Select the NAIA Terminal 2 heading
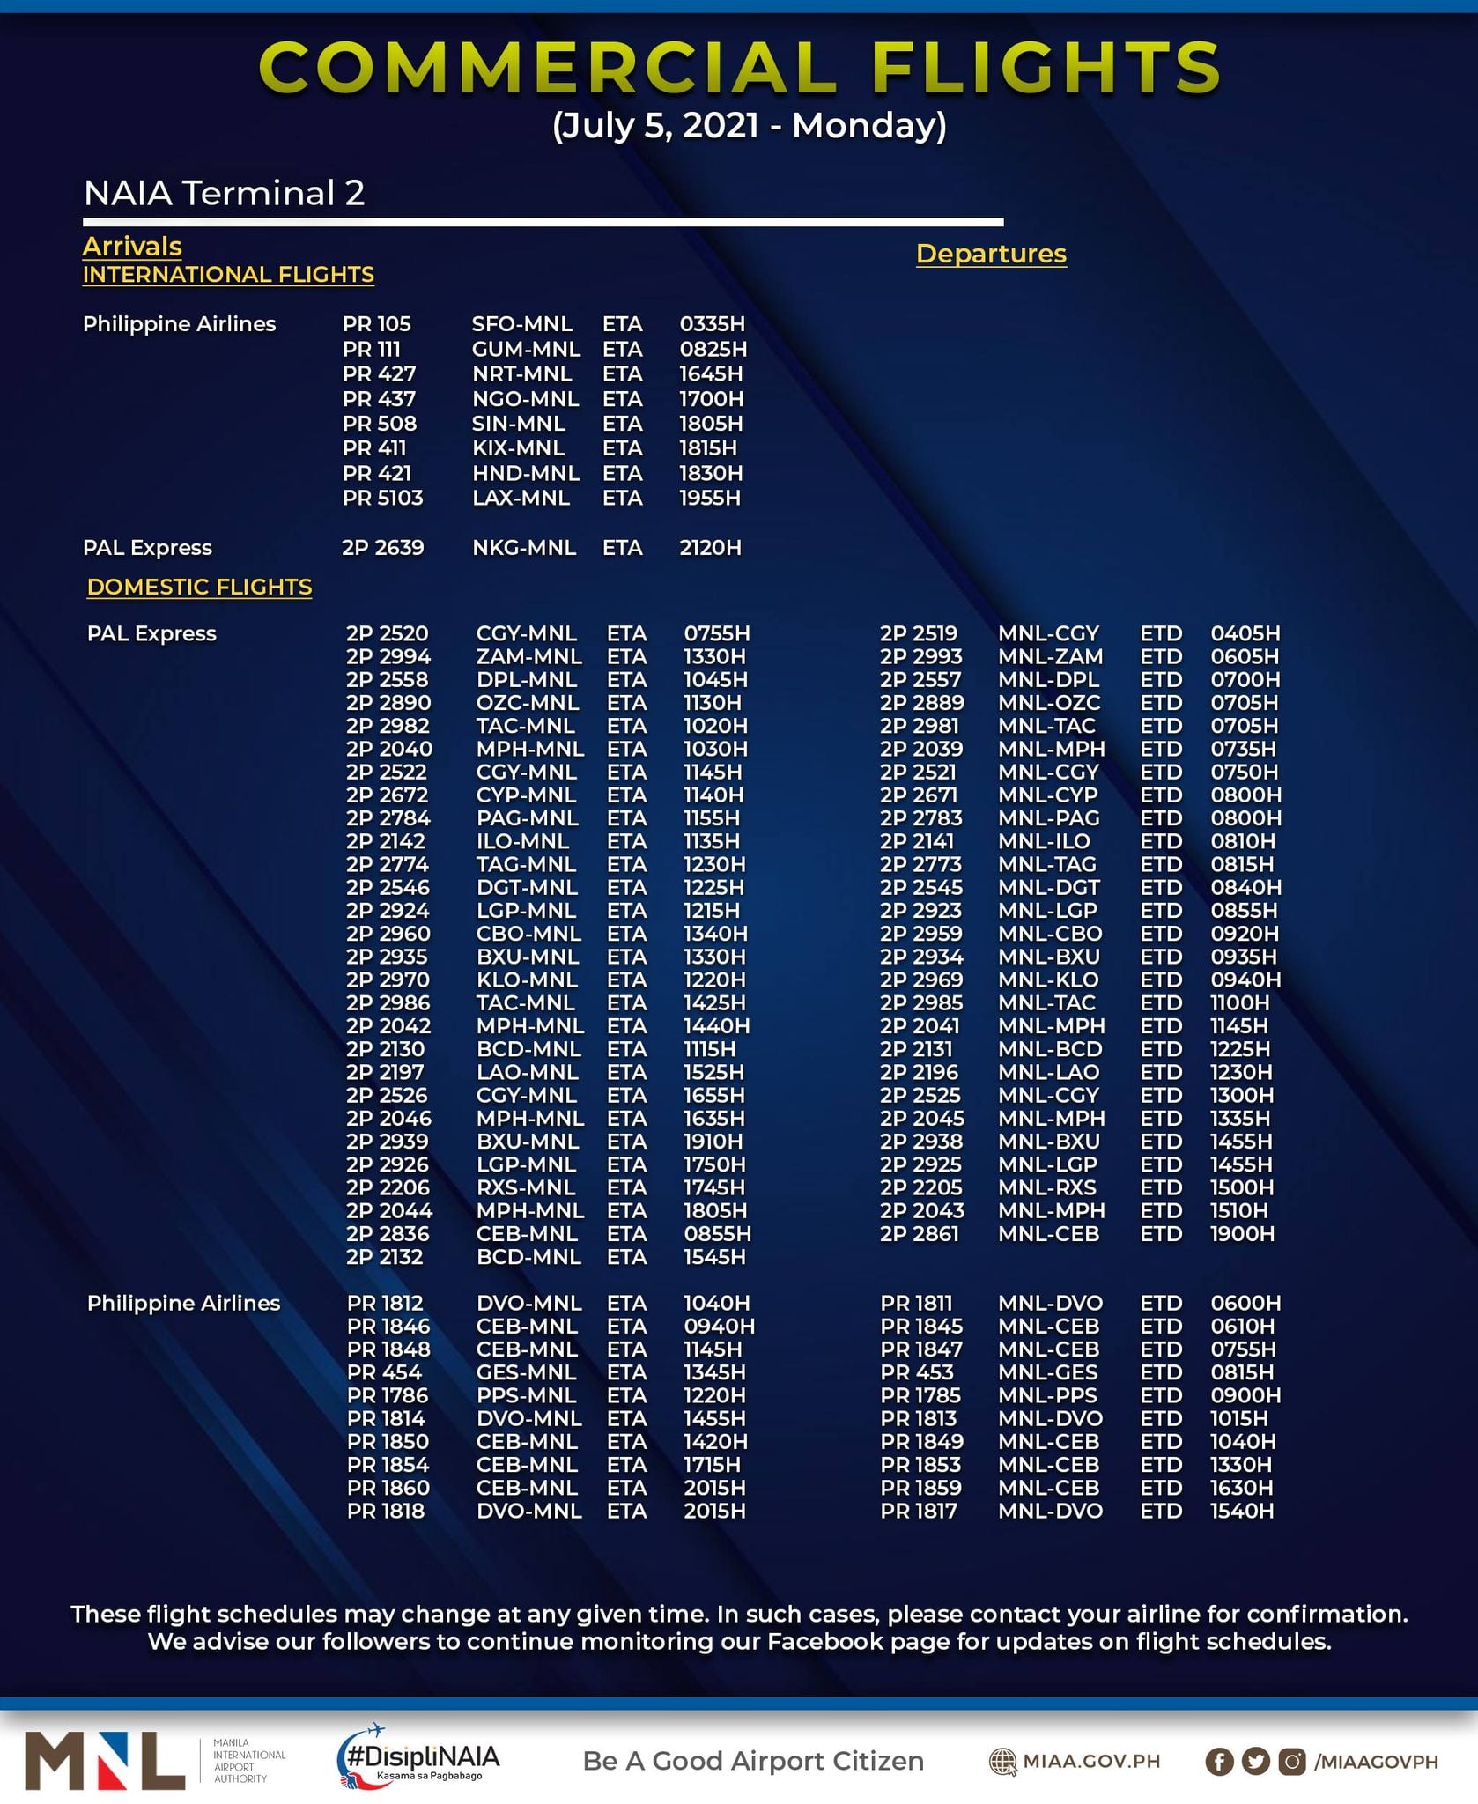tap(224, 193)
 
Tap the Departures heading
tap(991, 254)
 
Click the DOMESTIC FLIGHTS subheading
tap(199, 587)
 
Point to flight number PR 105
tap(377, 324)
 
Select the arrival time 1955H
tap(710, 498)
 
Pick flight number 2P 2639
tap(383, 547)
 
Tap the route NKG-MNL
tap(524, 547)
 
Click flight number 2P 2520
tap(387, 633)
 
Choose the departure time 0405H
tap(1245, 633)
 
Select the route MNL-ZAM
tap(1050, 656)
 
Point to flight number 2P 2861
tap(919, 1233)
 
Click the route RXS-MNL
tap(527, 1187)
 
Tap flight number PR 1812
tap(385, 1303)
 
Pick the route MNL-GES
tap(1047, 1372)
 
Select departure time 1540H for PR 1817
tap(1242, 1511)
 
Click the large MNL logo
tap(105, 1760)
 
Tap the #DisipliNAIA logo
tap(419, 1757)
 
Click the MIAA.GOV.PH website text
tap(1090, 1761)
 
